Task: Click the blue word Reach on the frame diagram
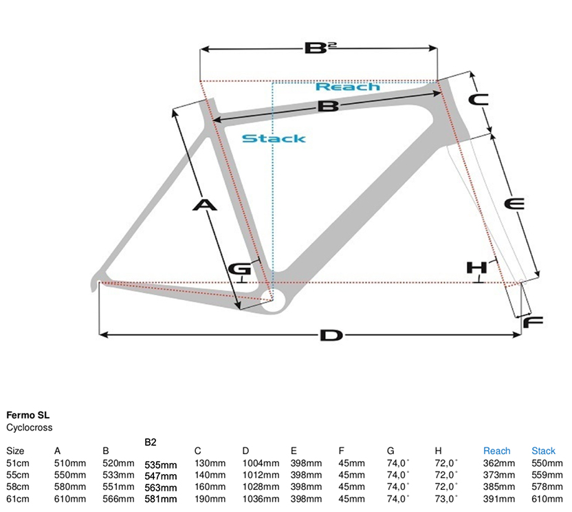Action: coord(348,87)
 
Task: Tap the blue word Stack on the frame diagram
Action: coord(274,139)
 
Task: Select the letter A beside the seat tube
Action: coord(205,205)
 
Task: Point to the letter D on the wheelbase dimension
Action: coord(331,335)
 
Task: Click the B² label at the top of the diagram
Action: coord(320,48)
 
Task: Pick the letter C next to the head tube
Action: coord(478,100)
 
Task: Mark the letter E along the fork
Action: coord(515,204)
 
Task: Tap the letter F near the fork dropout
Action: coord(533,323)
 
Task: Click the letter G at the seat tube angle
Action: coord(239,270)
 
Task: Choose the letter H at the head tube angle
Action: coord(477,268)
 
